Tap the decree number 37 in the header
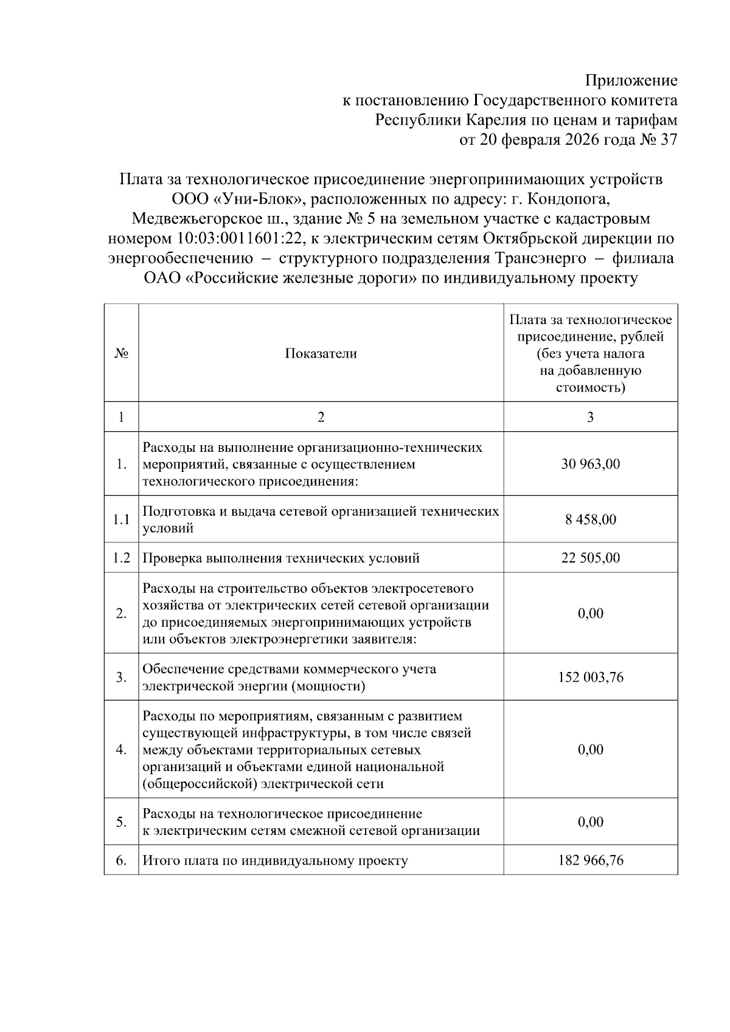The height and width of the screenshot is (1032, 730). click(668, 140)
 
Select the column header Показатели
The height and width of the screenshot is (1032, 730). click(321, 353)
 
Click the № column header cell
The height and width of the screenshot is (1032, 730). click(121, 353)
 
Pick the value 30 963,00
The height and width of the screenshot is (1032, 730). click(590, 464)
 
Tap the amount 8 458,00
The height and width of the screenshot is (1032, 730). click(590, 519)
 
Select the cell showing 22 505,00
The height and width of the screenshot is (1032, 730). click(590, 558)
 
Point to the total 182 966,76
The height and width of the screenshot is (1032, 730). click(590, 861)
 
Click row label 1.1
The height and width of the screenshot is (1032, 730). click(121, 519)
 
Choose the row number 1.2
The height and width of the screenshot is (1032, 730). click(121, 558)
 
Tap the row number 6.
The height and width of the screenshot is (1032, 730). click(121, 861)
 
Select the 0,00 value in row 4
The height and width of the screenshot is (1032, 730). click(590, 749)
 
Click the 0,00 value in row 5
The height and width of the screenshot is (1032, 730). click(590, 822)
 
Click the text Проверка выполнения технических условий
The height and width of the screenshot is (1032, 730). click(280, 558)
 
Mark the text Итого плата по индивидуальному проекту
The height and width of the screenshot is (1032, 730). click(275, 861)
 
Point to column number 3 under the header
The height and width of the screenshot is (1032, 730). click(590, 417)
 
